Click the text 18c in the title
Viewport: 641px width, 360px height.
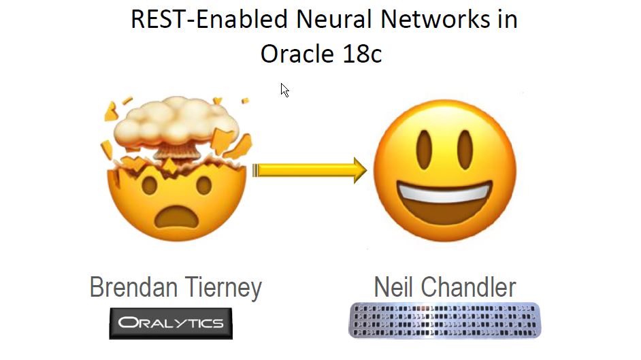[x=362, y=54]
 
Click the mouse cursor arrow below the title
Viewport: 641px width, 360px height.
[x=284, y=89]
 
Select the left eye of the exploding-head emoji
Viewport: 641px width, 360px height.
[x=148, y=184]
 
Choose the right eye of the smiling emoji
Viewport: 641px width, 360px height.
[x=467, y=146]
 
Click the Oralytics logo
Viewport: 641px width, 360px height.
[x=171, y=323]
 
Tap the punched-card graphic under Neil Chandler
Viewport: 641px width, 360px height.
[x=444, y=321]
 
